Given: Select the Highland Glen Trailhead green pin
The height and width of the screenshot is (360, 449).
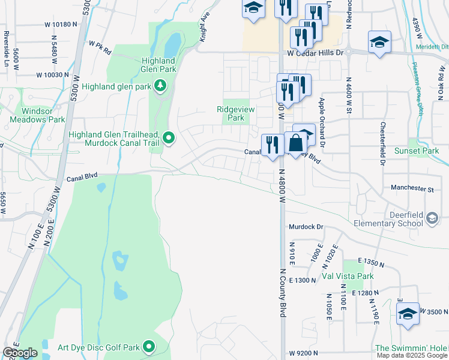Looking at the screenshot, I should pyautogui.click(x=169, y=139).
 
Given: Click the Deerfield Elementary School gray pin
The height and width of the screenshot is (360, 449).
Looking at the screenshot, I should pyautogui.click(x=432, y=220).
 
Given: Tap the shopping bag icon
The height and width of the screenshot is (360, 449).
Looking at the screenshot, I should pyautogui.click(x=296, y=143).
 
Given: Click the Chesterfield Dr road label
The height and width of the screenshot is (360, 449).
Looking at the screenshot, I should pyautogui.click(x=382, y=143).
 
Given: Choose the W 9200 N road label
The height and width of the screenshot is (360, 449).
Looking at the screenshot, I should pyautogui.click(x=307, y=354).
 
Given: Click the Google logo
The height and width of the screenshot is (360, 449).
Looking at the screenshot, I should pyautogui.click(x=20, y=353).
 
